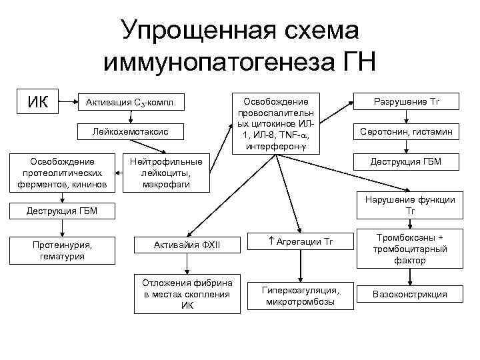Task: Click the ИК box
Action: (37, 103)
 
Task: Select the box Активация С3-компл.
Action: (131, 103)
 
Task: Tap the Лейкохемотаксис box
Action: (131, 133)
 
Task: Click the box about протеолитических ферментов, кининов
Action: (62, 173)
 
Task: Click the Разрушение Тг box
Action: (407, 102)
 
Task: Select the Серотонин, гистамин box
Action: (407, 133)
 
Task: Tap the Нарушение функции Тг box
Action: (407, 205)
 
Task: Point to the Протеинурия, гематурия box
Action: (62, 250)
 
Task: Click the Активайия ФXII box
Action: (187, 246)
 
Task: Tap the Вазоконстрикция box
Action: (407, 294)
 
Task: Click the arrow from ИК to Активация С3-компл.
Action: (67, 103)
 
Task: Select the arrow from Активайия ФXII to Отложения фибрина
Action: (187, 265)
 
